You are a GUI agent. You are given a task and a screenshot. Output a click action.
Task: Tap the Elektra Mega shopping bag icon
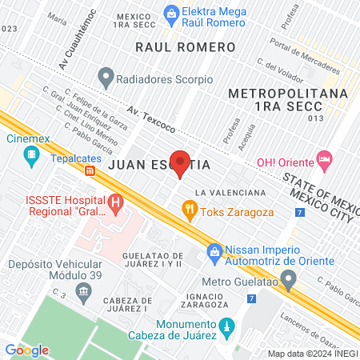(170, 13)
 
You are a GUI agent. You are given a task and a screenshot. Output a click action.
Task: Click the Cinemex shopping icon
(32, 155)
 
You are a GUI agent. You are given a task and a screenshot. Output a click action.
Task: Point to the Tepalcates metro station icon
(91, 170)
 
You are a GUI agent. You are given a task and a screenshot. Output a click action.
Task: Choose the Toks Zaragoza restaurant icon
(190, 212)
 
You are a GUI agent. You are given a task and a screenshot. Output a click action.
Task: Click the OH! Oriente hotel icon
(324, 159)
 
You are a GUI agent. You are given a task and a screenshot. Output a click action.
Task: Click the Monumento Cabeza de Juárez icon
(226, 327)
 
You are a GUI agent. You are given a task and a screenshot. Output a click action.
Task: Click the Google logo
(26, 350)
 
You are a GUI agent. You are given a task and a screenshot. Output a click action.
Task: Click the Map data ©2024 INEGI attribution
(312, 354)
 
